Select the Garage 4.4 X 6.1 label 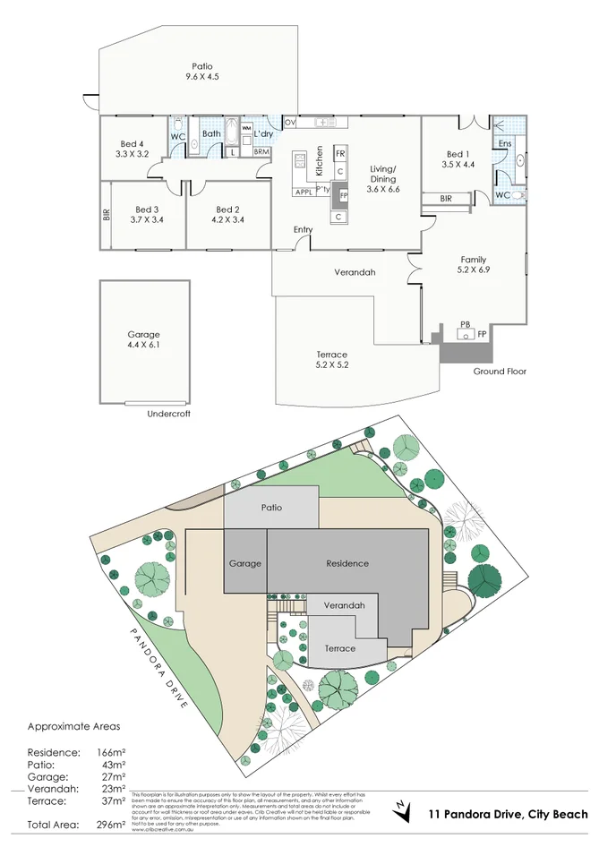144,339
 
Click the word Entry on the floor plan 304,230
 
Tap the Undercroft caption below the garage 168,415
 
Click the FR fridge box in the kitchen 340,154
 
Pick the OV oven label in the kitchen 290,122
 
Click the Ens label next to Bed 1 504,143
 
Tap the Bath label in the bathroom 211,134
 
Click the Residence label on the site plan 347,563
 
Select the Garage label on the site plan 244,563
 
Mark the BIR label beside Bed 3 106,215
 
